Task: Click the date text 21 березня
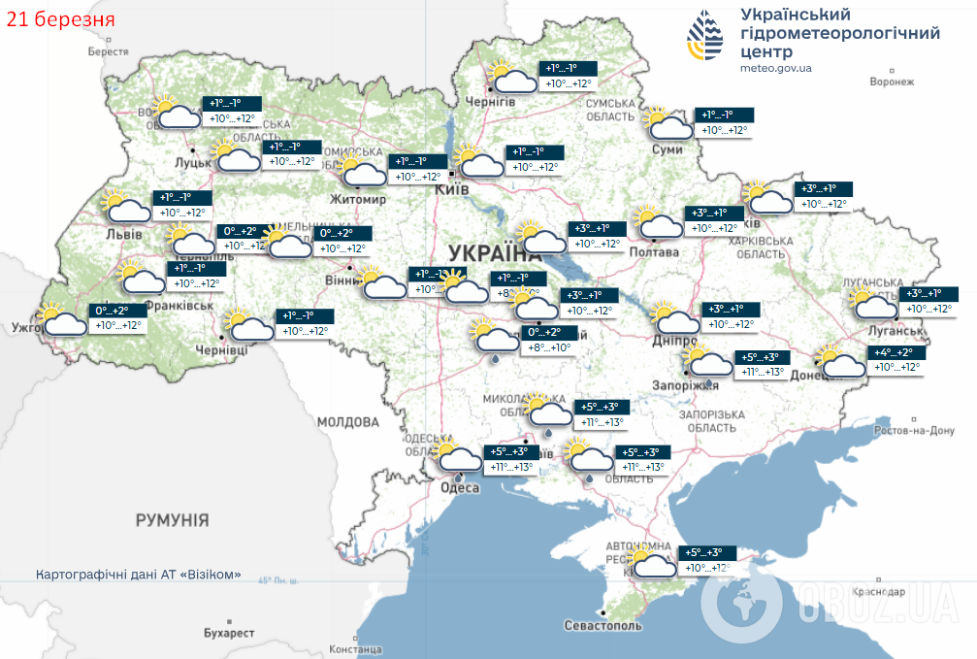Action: click(x=59, y=18)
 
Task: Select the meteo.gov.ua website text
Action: click(x=775, y=68)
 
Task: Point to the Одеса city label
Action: click(x=461, y=488)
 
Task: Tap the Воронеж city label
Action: click(x=892, y=82)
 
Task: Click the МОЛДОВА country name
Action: click(x=347, y=422)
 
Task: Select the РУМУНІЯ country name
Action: click(x=172, y=520)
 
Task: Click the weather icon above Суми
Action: click(x=668, y=122)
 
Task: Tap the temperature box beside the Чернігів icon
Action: click(x=568, y=76)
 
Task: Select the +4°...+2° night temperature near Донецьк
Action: click(x=897, y=353)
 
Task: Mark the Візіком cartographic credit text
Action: click(x=138, y=575)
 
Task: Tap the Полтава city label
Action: click(x=656, y=251)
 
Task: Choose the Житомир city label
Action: click(x=359, y=199)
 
